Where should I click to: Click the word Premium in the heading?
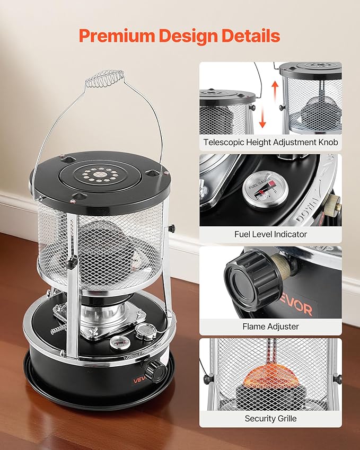pos(117,36)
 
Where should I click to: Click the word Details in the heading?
pos(251,36)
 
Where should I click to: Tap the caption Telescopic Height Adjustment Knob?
pos(270,142)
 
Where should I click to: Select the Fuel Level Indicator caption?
pos(270,234)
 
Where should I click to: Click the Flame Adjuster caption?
pos(270,327)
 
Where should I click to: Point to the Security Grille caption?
pos(270,418)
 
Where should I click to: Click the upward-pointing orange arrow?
pos(275,92)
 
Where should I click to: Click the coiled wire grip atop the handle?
pos(105,78)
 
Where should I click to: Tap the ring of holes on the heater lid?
pos(100,174)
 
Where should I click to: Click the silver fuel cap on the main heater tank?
pos(146,331)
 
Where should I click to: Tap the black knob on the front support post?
pos(71,262)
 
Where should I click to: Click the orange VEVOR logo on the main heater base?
pos(139,380)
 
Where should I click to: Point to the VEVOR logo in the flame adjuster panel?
pos(296,306)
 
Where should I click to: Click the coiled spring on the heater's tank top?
pos(59,330)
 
